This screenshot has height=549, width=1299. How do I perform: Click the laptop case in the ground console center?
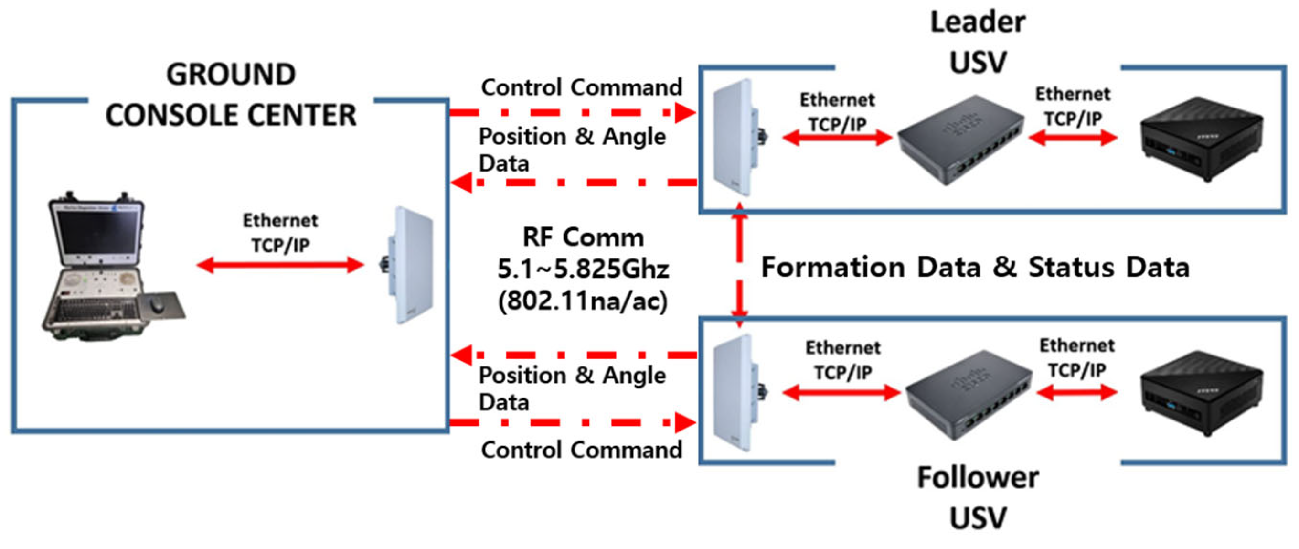101,268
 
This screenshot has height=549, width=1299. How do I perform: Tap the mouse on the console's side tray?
157,304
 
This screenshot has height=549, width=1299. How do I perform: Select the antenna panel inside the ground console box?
411,265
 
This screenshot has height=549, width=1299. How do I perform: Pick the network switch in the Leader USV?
960,140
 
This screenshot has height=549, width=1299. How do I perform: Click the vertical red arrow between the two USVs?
739,265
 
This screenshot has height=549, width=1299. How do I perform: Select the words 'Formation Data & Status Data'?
975,267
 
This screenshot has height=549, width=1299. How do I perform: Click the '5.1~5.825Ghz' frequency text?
583,269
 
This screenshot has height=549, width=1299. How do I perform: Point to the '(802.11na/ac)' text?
583,301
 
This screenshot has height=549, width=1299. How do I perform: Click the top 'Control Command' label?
581,87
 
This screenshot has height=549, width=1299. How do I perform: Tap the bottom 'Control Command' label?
581,450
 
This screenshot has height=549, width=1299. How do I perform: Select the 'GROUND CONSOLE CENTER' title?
231,95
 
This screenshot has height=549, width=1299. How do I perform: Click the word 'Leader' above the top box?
977,23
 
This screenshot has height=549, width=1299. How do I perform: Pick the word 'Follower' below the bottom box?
977,477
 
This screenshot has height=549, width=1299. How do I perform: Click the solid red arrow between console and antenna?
280,265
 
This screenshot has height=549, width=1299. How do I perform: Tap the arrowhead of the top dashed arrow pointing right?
685,113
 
